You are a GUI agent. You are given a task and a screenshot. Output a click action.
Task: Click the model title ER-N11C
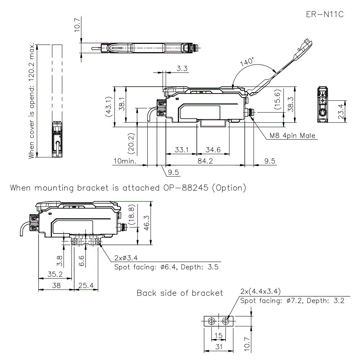pos(325,15)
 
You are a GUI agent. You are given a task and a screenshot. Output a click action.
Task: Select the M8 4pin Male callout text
pos(293,136)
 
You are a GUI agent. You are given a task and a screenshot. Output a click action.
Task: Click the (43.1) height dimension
pos(108,107)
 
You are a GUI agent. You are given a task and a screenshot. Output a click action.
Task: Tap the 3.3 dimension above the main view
pos(182,69)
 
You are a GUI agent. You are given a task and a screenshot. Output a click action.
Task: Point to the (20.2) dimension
pos(132,142)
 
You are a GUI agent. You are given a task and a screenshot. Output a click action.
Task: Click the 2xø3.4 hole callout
pos(125,258)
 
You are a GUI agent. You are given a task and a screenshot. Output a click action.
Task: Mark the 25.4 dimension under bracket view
pos(86,286)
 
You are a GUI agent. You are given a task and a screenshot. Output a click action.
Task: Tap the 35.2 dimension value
pos(55,274)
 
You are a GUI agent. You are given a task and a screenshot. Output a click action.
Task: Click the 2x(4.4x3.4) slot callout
pos(260,291)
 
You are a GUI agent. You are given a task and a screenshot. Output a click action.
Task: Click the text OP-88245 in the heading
pos(184,188)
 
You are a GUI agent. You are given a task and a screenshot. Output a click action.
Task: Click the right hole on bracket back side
pos(226,321)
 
